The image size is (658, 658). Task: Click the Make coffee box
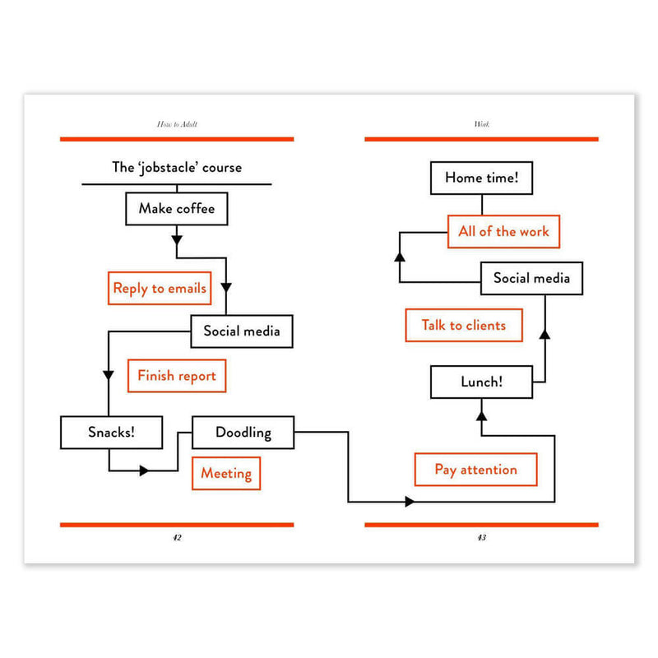pyautogui.click(x=177, y=209)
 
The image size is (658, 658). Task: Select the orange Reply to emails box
pyautogui.click(x=160, y=289)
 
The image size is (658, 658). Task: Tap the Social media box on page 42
pyautogui.click(x=242, y=331)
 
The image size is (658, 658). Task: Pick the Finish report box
pyautogui.click(x=177, y=376)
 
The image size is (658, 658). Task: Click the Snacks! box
pyautogui.click(x=111, y=433)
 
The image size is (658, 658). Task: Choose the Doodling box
pyautogui.click(x=243, y=433)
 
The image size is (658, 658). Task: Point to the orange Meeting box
pyautogui.click(x=226, y=474)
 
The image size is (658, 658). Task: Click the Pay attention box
pyautogui.click(x=476, y=470)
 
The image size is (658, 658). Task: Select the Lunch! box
pyautogui.click(x=482, y=382)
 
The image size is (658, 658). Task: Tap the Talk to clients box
pyautogui.click(x=464, y=325)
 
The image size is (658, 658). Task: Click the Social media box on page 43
pyautogui.click(x=531, y=278)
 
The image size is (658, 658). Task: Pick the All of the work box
pyautogui.click(x=503, y=232)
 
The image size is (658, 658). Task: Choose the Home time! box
pyautogui.click(x=482, y=178)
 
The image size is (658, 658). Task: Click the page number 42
pyautogui.click(x=177, y=538)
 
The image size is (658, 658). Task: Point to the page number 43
pyautogui.click(x=482, y=538)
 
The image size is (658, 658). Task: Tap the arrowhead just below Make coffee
pyautogui.click(x=177, y=240)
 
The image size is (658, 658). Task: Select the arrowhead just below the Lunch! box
pyautogui.click(x=482, y=415)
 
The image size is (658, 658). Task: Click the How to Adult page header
pyautogui.click(x=177, y=124)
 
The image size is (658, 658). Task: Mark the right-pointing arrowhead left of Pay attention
pyautogui.click(x=410, y=502)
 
